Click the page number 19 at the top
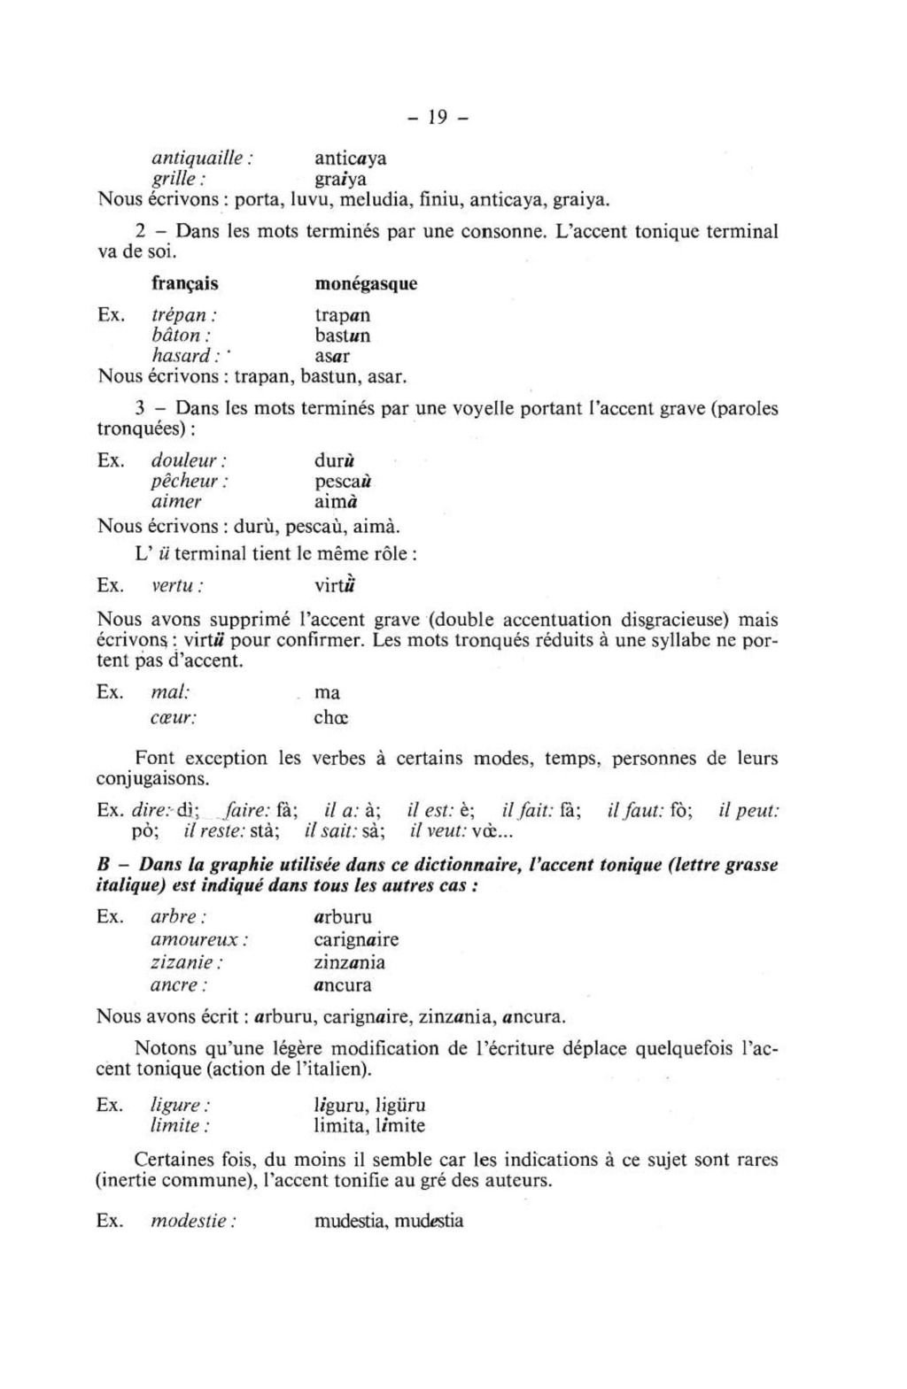click(x=436, y=116)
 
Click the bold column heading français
click(x=184, y=284)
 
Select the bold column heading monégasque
click(x=366, y=284)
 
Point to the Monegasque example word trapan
click(x=343, y=315)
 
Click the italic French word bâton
click(x=181, y=336)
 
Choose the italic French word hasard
click(x=182, y=356)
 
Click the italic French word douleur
click(x=189, y=461)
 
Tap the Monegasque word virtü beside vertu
click(x=336, y=586)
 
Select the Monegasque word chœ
click(x=331, y=718)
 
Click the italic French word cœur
click(x=174, y=718)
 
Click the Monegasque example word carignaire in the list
click(x=356, y=939)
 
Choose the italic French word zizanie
click(x=187, y=962)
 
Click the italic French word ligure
click(x=181, y=1106)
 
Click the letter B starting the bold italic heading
click(x=102, y=865)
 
